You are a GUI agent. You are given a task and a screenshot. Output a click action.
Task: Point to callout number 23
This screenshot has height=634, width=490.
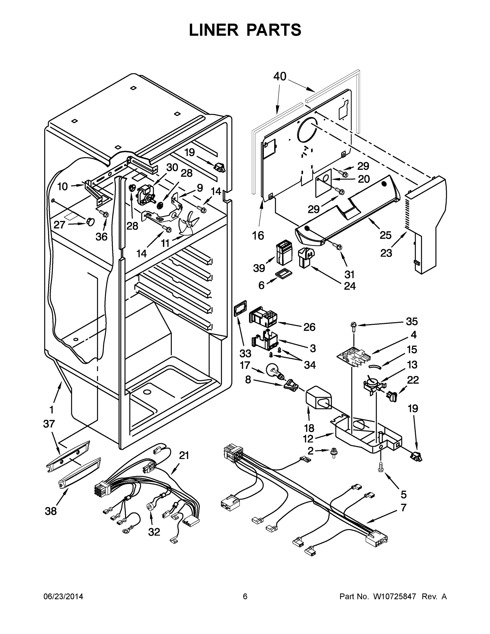(x=386, y=253)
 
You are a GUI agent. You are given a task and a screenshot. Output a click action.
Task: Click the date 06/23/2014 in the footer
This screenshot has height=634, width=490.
(x=63, y=596)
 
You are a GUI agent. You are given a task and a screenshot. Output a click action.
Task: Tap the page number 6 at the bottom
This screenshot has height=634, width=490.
(x=245, y=596)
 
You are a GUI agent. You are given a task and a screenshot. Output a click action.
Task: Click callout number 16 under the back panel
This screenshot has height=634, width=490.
(x=258, y=235)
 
